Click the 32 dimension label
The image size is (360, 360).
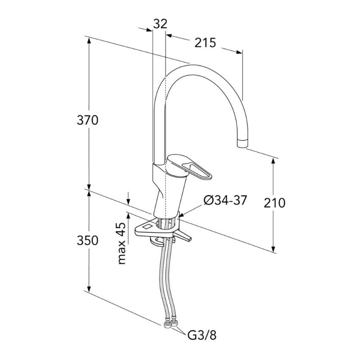[x=160, y=24]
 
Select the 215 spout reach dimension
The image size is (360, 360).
[x=205, y=42]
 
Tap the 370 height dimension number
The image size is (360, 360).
[x=87, y=120]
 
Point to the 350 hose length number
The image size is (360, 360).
[x=87, y=240]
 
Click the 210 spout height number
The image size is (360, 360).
[x=274, y=203]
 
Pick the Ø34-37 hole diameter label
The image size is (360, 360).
[x=225, y=200]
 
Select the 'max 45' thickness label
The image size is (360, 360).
[x=121, y=243]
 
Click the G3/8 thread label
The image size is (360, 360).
[x=202, y=335]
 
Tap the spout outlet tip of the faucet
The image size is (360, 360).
[x=242, y=144]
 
